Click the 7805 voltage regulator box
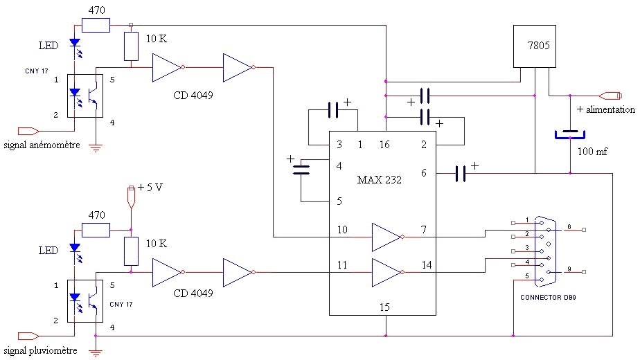(535, 46)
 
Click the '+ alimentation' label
(605, 109)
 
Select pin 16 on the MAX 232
(385, 145)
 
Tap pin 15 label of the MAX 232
(385, 305)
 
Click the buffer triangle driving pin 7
(385, 237)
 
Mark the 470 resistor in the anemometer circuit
(96, 26)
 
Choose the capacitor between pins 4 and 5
(301, 170)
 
